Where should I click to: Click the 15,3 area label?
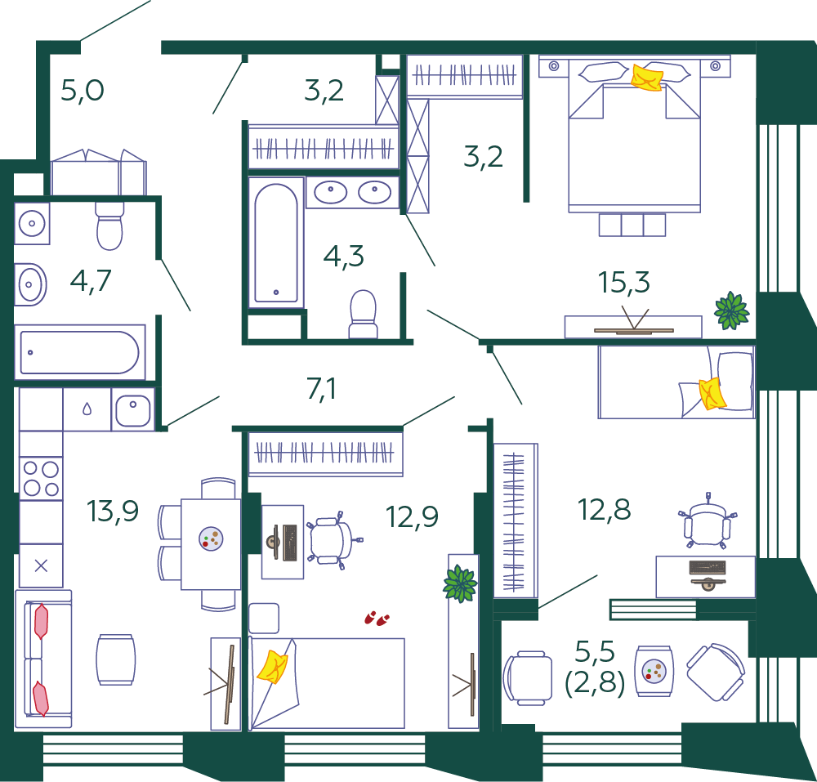click(623, 283)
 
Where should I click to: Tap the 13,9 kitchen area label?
click(113, 511)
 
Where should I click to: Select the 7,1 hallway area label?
click(321, 389)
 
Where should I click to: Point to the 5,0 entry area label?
click(83, 91)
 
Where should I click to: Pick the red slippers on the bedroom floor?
click(377, 619)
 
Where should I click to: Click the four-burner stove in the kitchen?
click(41, 478)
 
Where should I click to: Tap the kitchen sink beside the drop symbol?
click(133, 409)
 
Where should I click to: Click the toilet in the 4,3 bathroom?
click(363, 314)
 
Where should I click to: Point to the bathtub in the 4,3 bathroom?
click(276, 242)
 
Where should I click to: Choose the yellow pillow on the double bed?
click(647, 78)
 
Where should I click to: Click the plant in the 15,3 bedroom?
click(731, 311)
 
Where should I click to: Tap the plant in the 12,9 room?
click(459, 583)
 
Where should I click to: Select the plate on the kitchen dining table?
click(211, 538)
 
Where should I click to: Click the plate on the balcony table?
click(654, 671)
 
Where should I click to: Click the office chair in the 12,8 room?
click(707, 522)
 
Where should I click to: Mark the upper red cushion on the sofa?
click(41, 621)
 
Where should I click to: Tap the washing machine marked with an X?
click(41, 565)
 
